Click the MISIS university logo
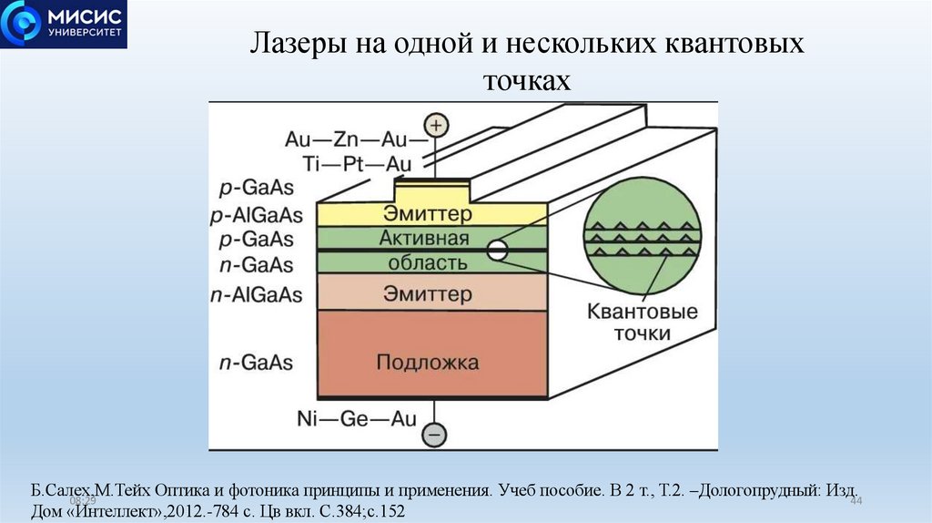click(64, 25)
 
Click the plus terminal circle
click(438, 125)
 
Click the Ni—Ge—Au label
click(356, 419)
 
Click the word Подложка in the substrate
click(427, 362)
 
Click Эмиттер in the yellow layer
click(428, 215)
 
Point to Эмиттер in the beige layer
click(428, 294)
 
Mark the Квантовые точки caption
click(643, 323)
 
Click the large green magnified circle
click(643, 236)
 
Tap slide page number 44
click(855, 503)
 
